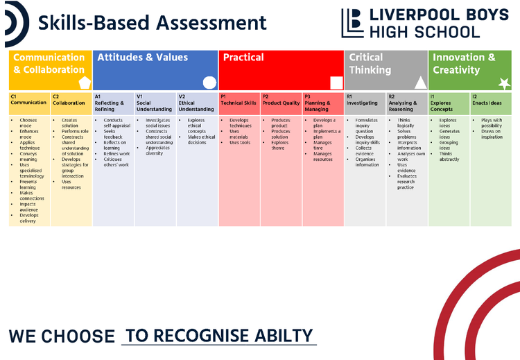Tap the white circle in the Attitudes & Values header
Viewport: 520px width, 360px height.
pyautogui.click(x=209, y=83)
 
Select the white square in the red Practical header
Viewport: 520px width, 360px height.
pyautogui.click(x=336, y=83)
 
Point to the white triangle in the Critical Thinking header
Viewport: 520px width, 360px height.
pyautogui.click(x=420, y=83)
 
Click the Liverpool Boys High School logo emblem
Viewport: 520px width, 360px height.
pyautogui.click(x=352, y=23)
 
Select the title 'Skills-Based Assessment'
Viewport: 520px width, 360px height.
pyautogui.click(x=152, y=22)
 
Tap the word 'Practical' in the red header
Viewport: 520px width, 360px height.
pyautogui.click(x=243, y=58)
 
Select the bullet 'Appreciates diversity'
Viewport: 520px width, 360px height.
pyautogui.click(x=159, y=151)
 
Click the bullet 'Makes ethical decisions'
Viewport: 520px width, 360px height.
pyautogui.click(x=200, y=139)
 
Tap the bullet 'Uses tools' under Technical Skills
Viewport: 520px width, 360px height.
pyautogui.click(x=240, y=142)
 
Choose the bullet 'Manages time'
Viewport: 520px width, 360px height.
pyautogui.click(x=323, y=148)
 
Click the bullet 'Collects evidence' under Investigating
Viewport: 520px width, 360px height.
pyautogui.click(x=367, y=151)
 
